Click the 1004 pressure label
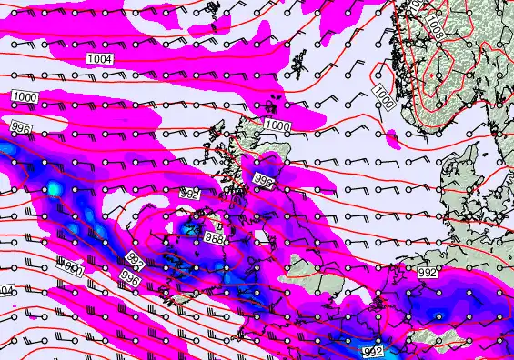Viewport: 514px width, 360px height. (100, 59)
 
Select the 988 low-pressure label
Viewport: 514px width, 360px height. (215, 238)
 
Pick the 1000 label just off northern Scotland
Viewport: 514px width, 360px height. (278, 125)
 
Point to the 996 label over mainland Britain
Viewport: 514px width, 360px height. (265, 181)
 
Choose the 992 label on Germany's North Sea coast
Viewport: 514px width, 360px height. (426, 271)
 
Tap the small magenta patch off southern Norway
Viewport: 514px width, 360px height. (393, 138)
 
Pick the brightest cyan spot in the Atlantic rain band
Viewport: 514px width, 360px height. (55, 188)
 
